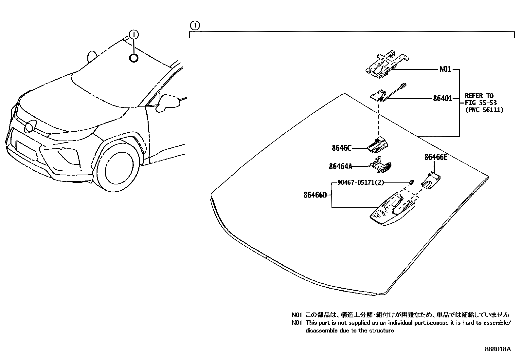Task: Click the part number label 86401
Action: tap(442, 98)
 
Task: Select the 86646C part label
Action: tap(341, 148)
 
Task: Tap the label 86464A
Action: tap(340, 166)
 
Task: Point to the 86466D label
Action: tap(315, 195)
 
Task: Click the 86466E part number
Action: tap(436, 157)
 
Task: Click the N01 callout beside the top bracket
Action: tap(445, 69)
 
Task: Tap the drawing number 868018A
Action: tap(497, 349)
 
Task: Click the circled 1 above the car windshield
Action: tap(134, 34)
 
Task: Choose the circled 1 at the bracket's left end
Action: tap(194, 25)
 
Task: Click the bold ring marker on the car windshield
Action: tap(134, 58)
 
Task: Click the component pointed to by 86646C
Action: tap(378, 145)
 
